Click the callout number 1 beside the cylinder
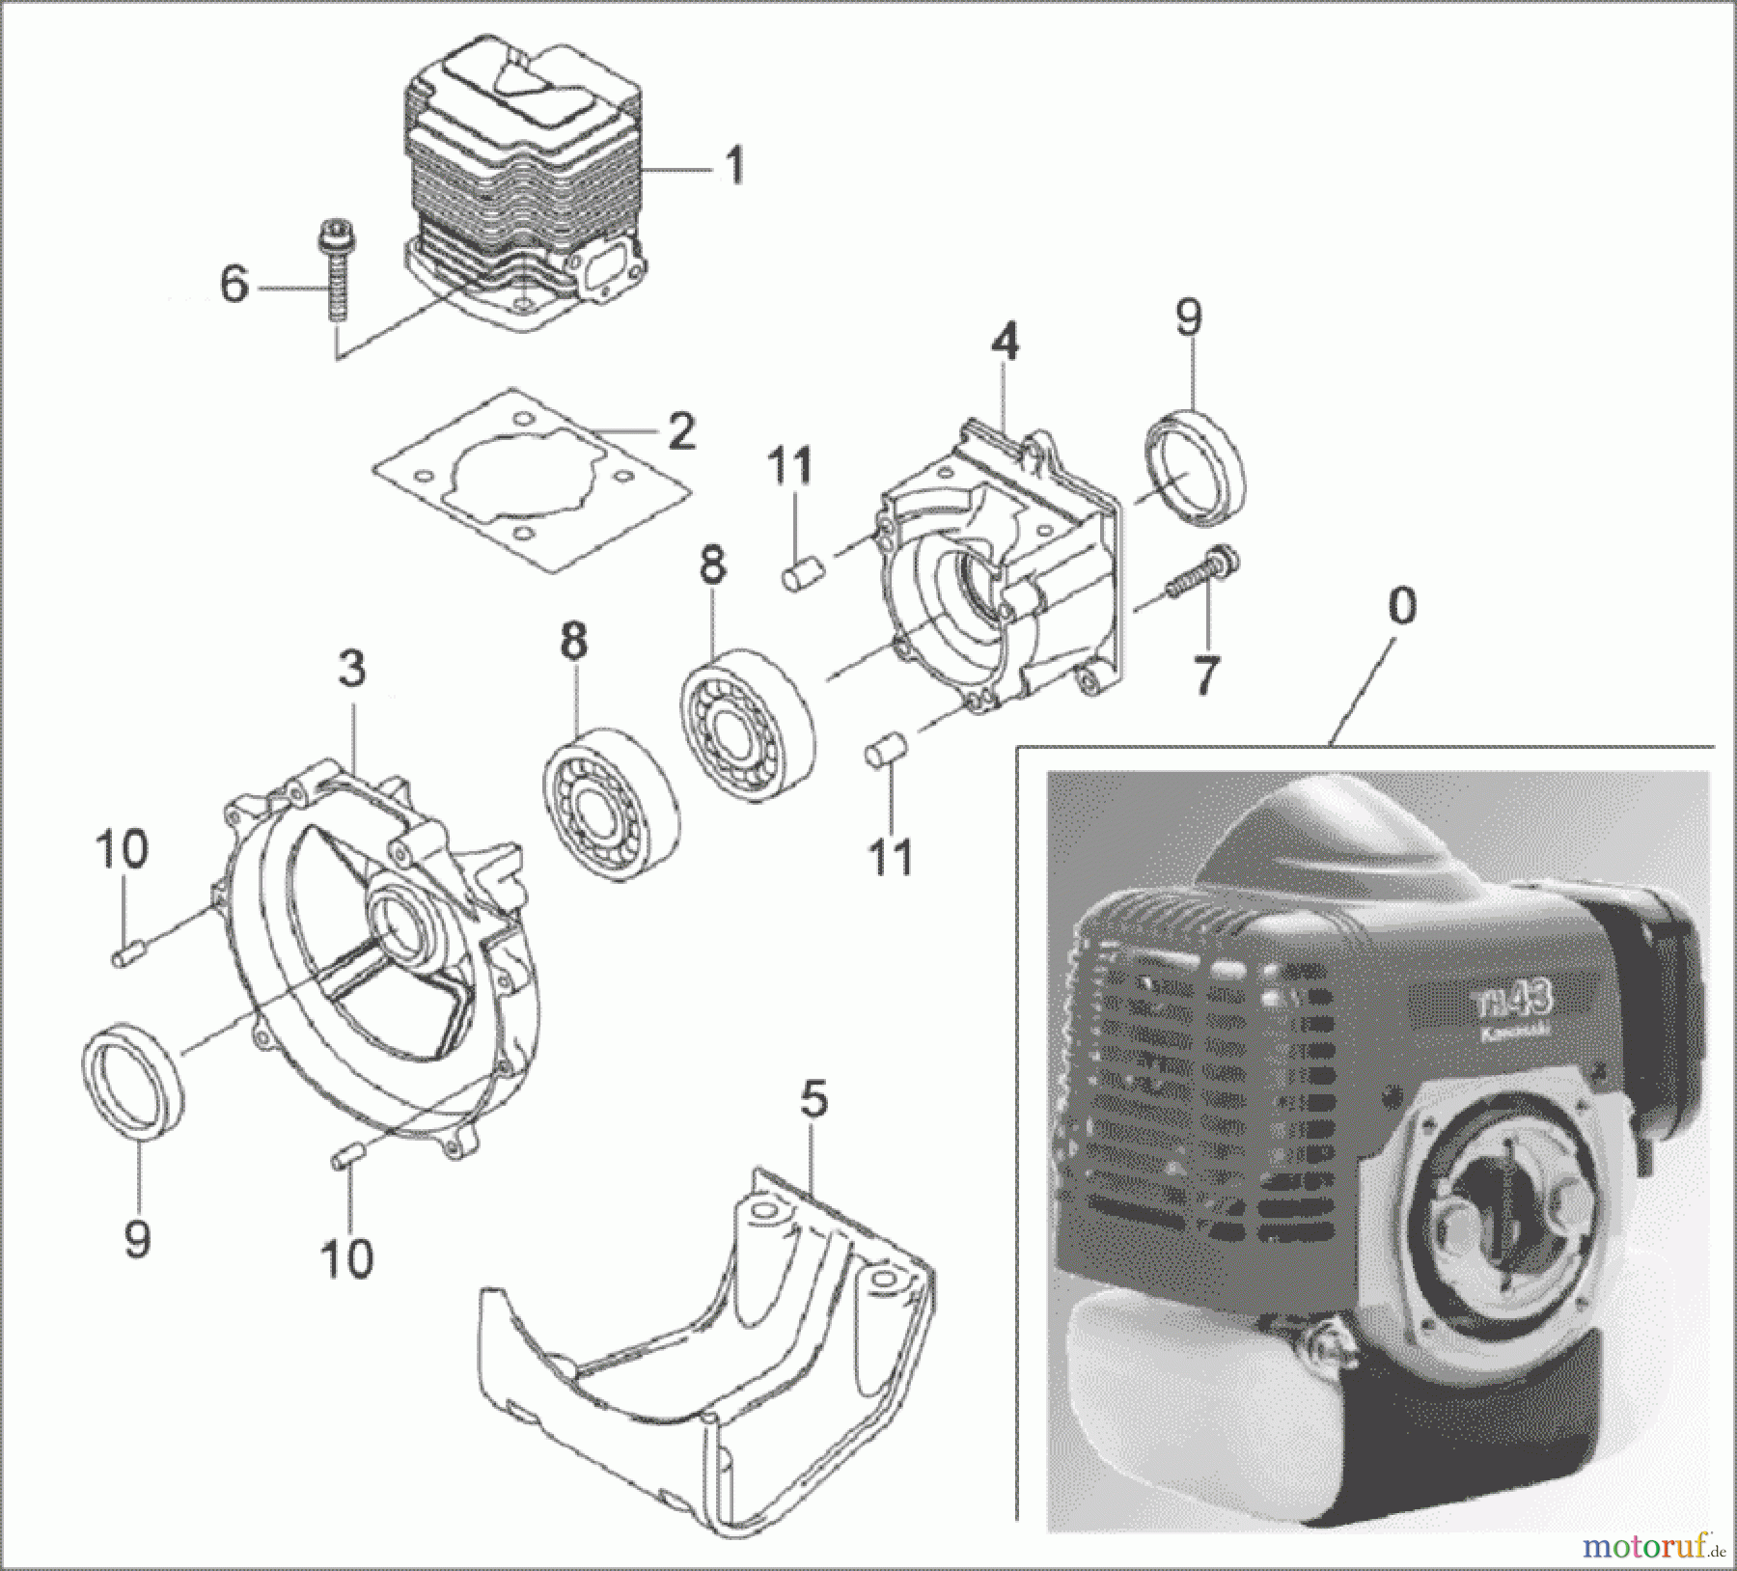pos(735,166)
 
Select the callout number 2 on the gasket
pos(681,431)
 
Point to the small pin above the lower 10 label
pos(349,1155)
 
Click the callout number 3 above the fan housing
pos(351,669)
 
